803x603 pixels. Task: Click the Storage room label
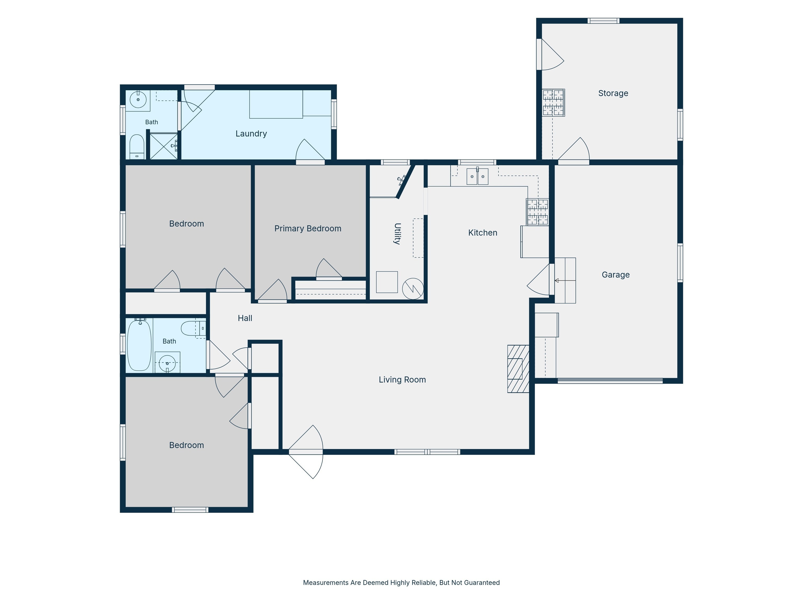[x=613, y=93]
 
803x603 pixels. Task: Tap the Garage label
[x=616, y=275]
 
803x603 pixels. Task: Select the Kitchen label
[x=483, y=233]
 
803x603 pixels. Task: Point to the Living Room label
[x=402, y=379]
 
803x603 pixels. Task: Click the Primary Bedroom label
[x=308, y=229]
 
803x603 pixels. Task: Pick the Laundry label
[x=251, y=134]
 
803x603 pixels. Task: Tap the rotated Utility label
[x=398, y=234]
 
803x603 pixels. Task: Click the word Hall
[x=245, y=319]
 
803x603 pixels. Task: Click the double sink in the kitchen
[x=477, y=176]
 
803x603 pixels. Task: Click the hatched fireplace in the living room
[x=518, y=369]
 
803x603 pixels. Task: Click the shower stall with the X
[x=164, y=147]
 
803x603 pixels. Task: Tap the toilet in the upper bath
[x=137, y=147]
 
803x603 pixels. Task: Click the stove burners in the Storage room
[x=553, y=103]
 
